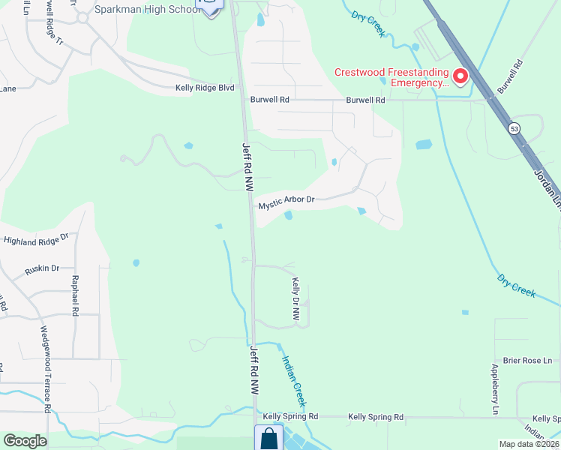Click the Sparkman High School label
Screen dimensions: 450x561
(148, 9)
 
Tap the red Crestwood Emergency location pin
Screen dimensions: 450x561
(459, 76)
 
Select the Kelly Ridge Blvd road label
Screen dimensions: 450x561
(205, 88)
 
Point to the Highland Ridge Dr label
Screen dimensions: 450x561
(36, 239)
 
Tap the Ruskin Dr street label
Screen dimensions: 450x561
(42, 267)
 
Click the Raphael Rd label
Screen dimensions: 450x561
(74, 295)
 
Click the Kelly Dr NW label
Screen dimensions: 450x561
(295, 300)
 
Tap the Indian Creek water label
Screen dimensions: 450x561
(294, 375)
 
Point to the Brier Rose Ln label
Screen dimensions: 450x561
(526, 361)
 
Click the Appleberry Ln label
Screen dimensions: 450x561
(495, 389)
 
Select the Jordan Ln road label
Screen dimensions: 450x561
(545, 187)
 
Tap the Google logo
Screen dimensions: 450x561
(25, 441)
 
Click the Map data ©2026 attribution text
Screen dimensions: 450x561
(529, 444)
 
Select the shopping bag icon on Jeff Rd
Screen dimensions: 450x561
(268, 438)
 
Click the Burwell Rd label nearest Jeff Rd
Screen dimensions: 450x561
(271, 100)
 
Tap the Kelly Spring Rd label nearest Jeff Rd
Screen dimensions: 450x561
(290, 416)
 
